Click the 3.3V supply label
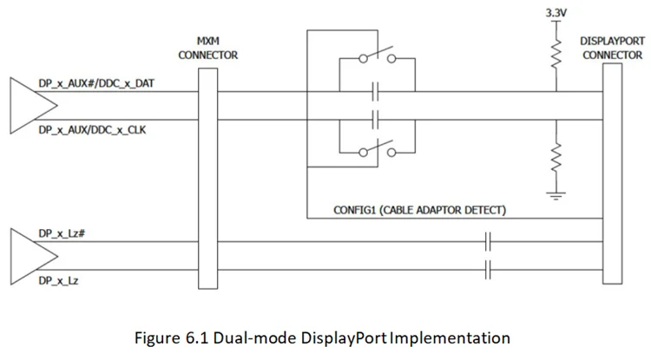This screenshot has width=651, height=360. [x=556, y=13]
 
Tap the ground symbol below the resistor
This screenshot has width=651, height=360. [x=556, y=196]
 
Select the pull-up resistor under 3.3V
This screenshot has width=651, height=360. [x=556, y=54]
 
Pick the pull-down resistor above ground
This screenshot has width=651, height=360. [x=556, y=157]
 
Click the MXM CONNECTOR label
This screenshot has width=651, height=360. [x=208, y=48]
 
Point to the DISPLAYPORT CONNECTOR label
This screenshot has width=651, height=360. [x=613, y=48]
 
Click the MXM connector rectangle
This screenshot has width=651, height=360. [x=208, y=179]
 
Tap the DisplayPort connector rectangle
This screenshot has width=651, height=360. [x=613, y=173]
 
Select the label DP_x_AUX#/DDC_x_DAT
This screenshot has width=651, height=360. [x=96, y=83]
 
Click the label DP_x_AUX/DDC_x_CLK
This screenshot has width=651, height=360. [x=92, y=130]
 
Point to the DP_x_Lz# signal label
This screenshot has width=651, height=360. [x=62, y=233]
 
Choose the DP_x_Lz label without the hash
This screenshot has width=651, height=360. [x=58, y=281]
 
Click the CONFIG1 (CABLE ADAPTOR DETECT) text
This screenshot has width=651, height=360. [x=420, y=210]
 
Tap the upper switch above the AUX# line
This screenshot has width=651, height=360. [x=378, y=56]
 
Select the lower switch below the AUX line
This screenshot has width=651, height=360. [x=378, y=149]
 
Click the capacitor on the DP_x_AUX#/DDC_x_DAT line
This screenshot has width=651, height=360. [x=376, y=92]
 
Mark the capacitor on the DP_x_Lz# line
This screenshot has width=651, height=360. [x=488, y=242]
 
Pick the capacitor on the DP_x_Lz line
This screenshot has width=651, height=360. [x=488, y=270]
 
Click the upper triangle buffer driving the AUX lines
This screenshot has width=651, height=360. [x=33, y=106]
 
